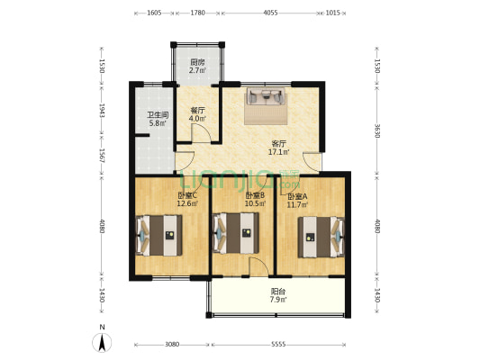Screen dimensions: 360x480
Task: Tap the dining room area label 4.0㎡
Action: (197, 118)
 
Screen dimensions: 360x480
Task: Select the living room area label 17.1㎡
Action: (278, 151)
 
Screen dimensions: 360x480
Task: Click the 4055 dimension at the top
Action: (271, 13)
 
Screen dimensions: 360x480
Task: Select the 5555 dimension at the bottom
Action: (277, 345)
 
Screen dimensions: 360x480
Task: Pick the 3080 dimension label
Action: (173, 345)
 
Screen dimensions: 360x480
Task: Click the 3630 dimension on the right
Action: (377, 129)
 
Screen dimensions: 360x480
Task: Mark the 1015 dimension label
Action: (332, 13)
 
